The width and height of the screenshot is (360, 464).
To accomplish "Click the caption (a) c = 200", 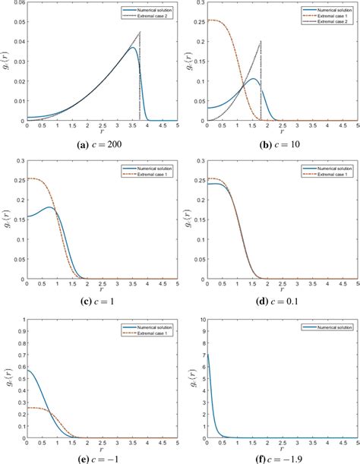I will (x=102, y=144).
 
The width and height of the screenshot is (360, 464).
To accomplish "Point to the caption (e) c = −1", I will (x=102, y=458).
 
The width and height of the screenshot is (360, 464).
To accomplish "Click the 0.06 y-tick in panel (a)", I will (x=17, y=4).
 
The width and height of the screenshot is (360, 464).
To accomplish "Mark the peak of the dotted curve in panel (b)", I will (x=261, y=41).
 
